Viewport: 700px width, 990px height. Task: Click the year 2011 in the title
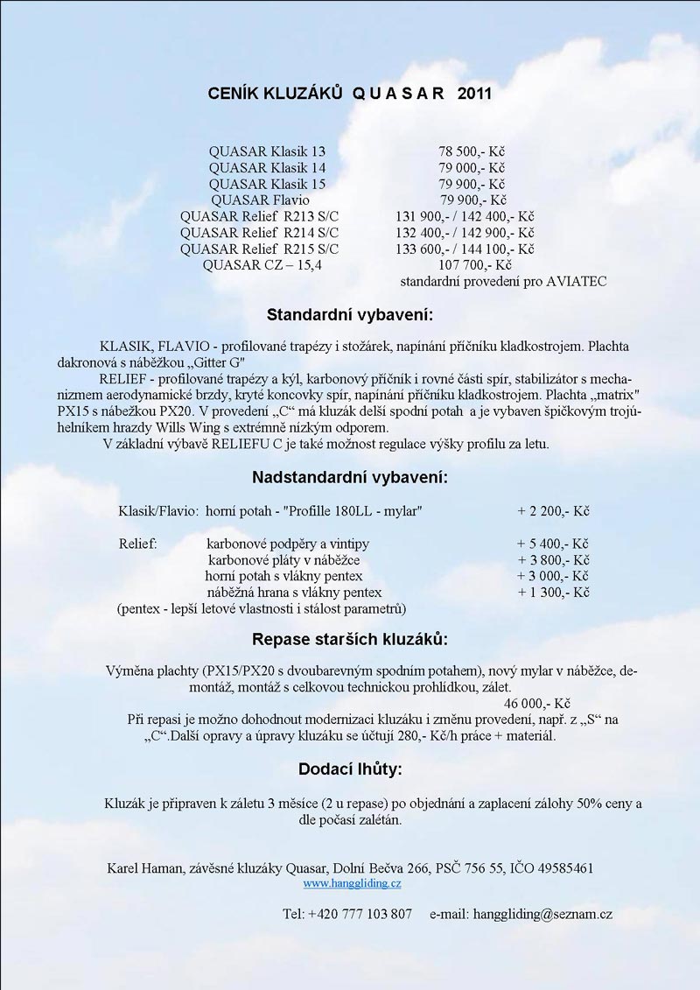click(473, 94)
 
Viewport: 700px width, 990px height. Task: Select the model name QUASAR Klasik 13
click(267, 151)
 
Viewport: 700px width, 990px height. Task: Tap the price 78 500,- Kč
click(472, 151)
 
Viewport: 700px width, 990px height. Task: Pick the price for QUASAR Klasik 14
click(472, 168)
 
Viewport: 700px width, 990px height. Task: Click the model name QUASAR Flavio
click(267, 200)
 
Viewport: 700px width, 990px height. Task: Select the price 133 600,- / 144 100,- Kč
click(465, 249)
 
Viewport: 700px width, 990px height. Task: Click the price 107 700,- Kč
click(475, 265)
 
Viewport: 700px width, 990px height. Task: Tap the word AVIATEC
click(577, 282)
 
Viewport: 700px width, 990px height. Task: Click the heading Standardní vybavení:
click(350, 314)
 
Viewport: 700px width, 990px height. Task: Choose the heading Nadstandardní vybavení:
click(350, 478)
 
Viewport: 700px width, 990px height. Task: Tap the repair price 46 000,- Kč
click(538, 703)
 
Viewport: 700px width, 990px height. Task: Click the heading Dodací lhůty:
click(350, 769)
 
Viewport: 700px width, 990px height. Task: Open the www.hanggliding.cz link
click(352, 884)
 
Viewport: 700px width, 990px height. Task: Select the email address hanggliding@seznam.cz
click(542, 914)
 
